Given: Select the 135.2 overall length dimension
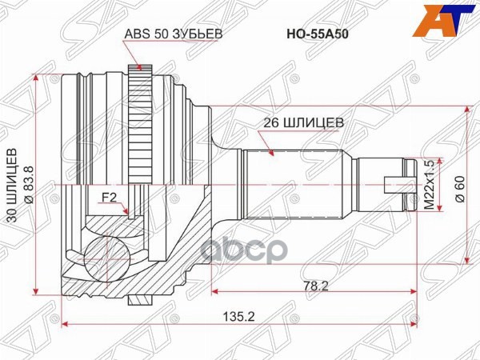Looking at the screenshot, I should click(240, 316).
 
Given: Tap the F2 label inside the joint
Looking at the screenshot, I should click(109, 196).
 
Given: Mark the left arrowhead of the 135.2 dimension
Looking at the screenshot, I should click(66, 324).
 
